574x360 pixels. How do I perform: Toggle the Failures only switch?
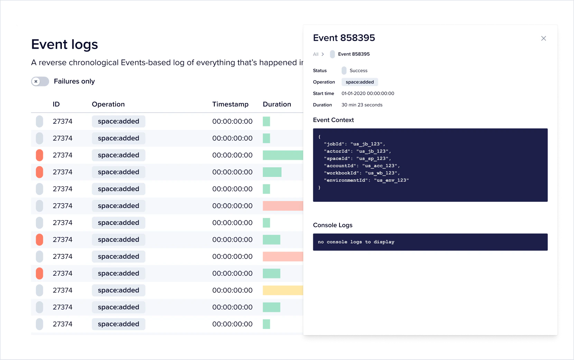[40, 82]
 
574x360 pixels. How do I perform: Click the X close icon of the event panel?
[544, 38]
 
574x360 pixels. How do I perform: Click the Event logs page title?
[65, 45]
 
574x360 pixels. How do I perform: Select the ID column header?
[56, 104]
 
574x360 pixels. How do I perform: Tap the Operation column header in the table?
[108, 104]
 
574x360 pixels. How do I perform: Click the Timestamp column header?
[230, 104]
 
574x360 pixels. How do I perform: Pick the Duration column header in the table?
[277, 104]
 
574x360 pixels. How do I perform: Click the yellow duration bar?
[283, 290]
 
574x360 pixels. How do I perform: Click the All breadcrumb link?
[316, 54]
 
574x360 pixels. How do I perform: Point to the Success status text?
[358, 70]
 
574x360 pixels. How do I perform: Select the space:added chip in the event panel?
[360, 82]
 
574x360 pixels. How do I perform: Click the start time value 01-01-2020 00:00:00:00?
[368, 94]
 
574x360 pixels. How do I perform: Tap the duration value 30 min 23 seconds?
[362, 105]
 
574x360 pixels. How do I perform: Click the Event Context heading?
[333, 120]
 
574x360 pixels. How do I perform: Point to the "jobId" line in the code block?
[354, 144]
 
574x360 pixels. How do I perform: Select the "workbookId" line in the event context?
[361, 173]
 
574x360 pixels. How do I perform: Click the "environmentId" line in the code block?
[366, 180]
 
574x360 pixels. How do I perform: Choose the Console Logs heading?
[333, 225]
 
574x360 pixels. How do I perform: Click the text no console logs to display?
[356, 242]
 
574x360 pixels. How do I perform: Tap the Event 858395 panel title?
[344, 38]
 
